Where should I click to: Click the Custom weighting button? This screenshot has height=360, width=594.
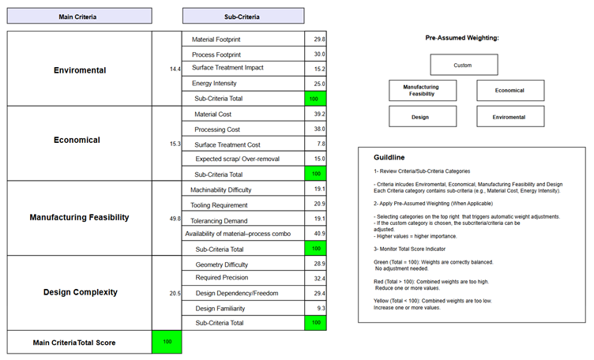coord(464,65)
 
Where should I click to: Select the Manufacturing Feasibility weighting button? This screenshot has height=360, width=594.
coord(420,90)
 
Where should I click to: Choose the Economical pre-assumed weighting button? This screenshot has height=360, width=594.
coord(509,90)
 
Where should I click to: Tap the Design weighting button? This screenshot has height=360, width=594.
coord(420,117)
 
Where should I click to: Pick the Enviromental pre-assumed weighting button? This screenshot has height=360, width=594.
coord(509,117)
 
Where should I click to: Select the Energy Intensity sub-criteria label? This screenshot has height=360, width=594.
coord(215,83)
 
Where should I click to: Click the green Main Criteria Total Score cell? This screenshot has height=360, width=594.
coord(167,342)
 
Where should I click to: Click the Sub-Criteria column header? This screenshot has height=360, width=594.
coord(242,16)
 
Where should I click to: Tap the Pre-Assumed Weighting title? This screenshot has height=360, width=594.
coord(462,38)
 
